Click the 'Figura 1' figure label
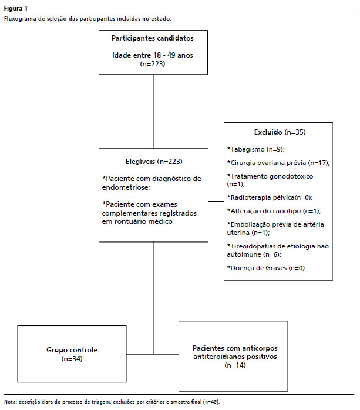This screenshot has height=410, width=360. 15,8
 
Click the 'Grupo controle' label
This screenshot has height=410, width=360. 73,350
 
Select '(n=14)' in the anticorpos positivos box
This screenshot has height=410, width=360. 234,365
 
